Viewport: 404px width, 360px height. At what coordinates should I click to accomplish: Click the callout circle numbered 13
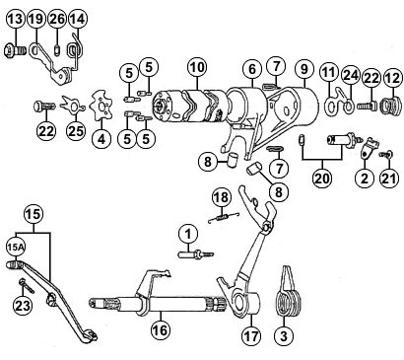tap(16, 19)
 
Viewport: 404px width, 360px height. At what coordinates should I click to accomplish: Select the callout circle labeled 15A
tap(16, 249)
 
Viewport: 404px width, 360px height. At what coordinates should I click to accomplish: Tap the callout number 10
tap(197, 67)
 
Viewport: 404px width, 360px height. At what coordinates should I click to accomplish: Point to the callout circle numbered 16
tap(161, 329)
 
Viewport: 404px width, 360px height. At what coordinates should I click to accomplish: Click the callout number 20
tap(322, 178)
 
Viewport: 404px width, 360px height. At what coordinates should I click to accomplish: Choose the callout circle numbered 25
tap(76, 131)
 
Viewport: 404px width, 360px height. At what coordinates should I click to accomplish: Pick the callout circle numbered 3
tap(284, 335)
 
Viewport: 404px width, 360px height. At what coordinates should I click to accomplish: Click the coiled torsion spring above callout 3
tap(289, 292)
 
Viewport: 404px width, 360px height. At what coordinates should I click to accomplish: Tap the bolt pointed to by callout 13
tap(15, 51)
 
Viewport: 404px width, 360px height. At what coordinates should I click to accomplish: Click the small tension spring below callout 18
tap(224, 218)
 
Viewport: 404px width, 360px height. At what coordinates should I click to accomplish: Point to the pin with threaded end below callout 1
tap(195, 254)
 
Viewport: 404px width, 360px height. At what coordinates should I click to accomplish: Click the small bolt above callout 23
tap(27, 286)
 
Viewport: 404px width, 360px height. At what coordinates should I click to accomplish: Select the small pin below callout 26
tap(56, 50)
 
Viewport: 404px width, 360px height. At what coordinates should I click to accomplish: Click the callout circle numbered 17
tap(251, 335)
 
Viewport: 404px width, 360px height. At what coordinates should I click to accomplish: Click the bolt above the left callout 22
tap(44, 107)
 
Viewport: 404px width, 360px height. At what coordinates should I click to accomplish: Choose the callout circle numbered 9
tap(304, 69)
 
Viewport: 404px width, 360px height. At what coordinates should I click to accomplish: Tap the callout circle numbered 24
tap(351, 75)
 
